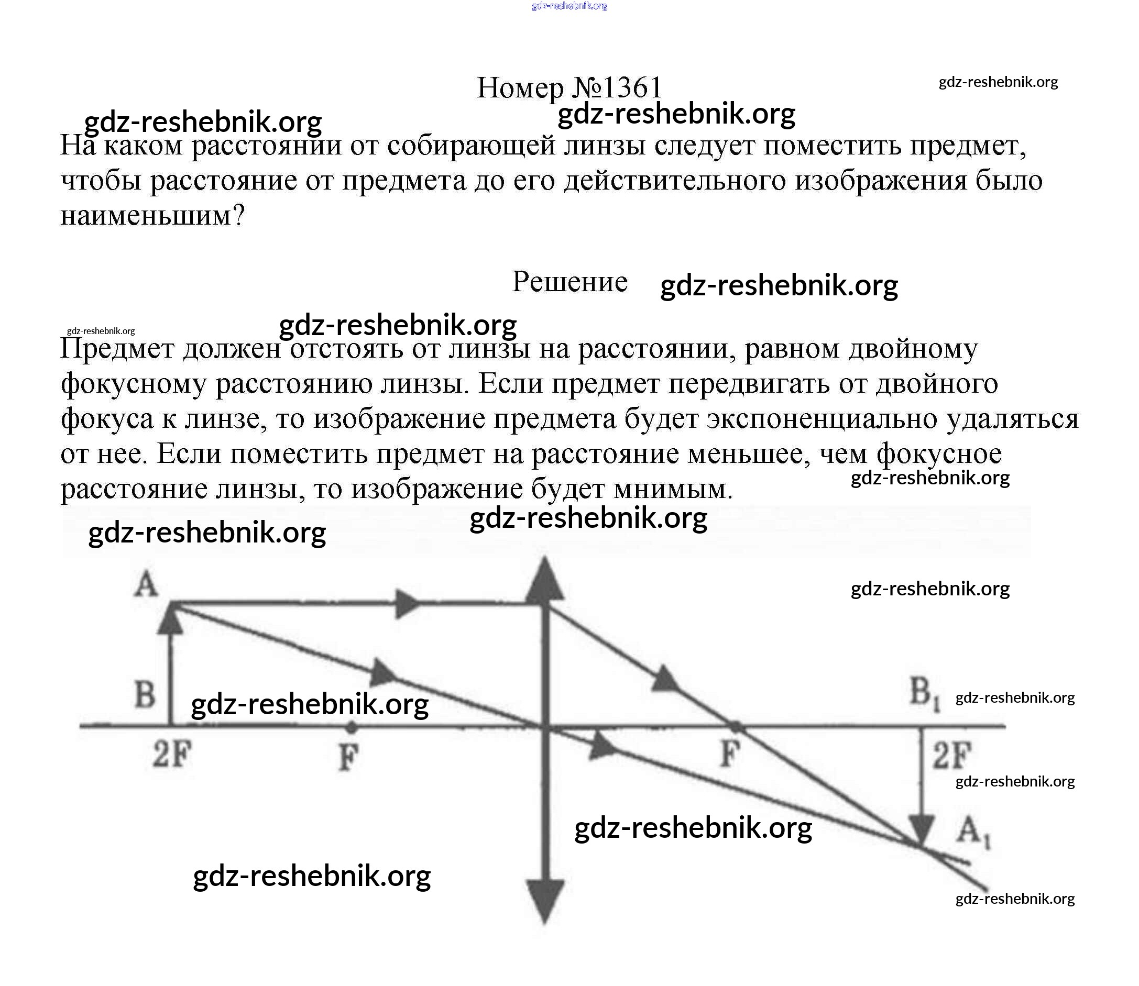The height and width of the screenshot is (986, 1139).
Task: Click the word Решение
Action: click(x=570, y=282)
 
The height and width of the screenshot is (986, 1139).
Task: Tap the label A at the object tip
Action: click(x=146, y=584)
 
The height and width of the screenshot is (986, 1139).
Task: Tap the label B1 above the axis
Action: click(x=924, y=693)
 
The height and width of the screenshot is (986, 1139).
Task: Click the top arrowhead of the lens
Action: click(x=544, y=581)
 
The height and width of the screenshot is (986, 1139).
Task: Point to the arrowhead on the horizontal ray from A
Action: click(x=408, y=604)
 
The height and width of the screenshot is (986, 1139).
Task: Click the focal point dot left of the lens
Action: click(x=351, y=727)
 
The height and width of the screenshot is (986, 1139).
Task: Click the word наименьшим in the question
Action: click(x=146, y=216)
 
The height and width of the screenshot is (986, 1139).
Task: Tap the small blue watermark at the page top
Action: click(x=569, y=6)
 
